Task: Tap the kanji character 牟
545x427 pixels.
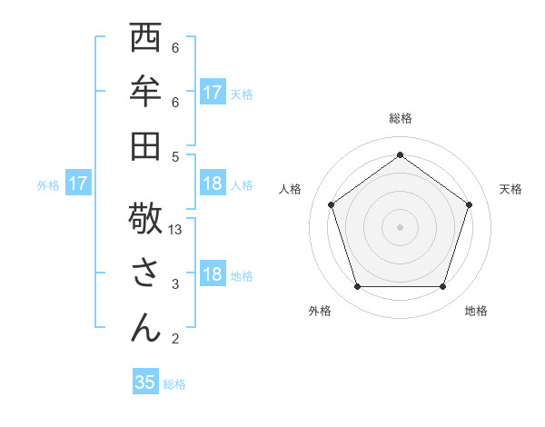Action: (146, 92)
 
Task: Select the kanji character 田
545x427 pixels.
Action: (146, 145)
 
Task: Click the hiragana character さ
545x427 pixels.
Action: (146, 273)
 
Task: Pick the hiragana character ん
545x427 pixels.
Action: (146, 327)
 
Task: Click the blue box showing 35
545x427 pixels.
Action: (145, 382)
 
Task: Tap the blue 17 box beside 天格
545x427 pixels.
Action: (213, 93)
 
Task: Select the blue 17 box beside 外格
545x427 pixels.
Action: (78, 184)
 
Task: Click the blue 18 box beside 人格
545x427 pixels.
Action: (213, 184)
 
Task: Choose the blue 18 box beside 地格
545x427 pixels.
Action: (213, 275)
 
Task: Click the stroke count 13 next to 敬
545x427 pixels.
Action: (176, 230)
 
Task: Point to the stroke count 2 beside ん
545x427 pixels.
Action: (175, 339)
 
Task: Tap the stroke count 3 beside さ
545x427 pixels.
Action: (175, 284)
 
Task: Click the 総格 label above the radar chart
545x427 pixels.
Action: (401, 119)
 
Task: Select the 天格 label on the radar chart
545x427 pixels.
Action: (510, 189)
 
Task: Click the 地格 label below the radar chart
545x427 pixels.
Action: (476, 311)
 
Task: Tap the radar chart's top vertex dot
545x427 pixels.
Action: (401, 154)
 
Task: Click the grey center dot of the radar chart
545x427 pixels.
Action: (401, 226)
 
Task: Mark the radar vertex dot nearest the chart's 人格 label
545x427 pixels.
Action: (332, 204)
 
